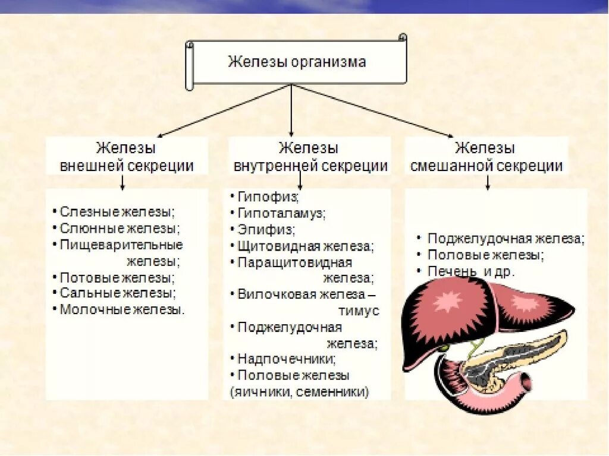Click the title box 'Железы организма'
[297, 62]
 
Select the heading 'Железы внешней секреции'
[127, 157]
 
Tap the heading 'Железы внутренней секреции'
[310, 157]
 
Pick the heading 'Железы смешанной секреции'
[486, 157]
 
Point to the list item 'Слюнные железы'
[120, 228]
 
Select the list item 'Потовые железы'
[117, 277]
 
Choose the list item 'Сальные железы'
[118, 293]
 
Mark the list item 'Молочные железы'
[122, 309]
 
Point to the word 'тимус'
[359, 311]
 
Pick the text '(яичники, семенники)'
[299, 392]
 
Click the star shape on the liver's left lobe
[447, 302]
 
